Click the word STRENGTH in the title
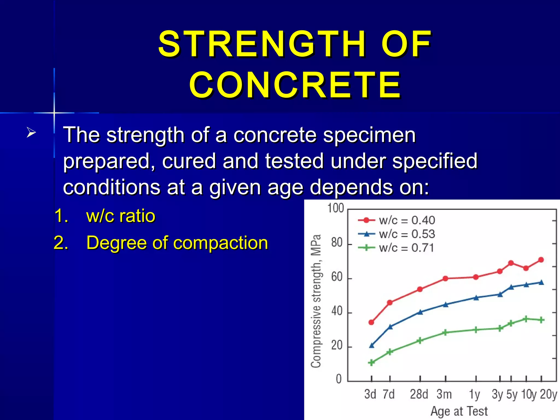(x=262, y=44)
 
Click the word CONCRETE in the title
(x=295, y=85)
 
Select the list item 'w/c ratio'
(x=120, y=216)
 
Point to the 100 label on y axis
(x=336, y=208)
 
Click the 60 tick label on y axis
(x=337, y=277)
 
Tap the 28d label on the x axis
(x=419, y=394)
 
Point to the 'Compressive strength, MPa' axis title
(x=316, y=301)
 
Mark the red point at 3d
(x=371, y=322)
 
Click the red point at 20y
(x=541, y=260)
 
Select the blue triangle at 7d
(x=390, y=327)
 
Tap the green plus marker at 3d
(x=371, y=363)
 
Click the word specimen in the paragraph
(x=369, y=135)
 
